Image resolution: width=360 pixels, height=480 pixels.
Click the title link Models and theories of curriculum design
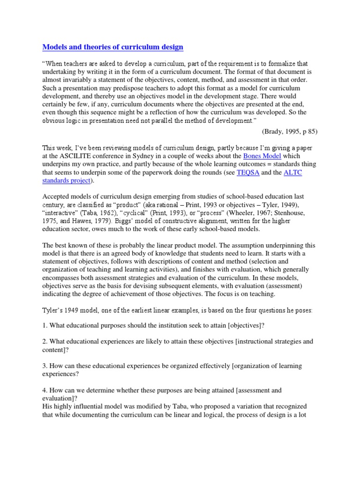coord(112,47)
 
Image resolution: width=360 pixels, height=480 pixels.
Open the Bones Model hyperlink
coord(262,156)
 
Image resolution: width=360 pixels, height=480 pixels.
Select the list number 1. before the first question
coord(45,325)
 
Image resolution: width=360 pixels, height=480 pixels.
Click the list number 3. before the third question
coord(45,366)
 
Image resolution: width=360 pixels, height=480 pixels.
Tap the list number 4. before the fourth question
coord(45,390)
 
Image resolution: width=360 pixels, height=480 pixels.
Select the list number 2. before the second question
coord(45,342)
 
